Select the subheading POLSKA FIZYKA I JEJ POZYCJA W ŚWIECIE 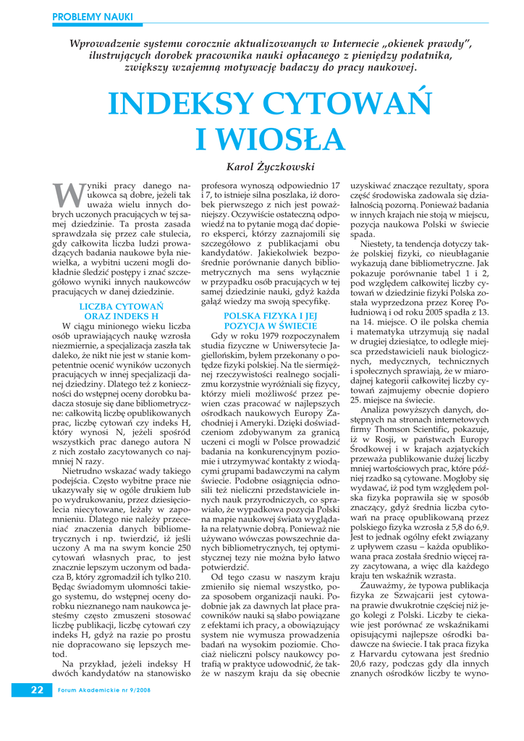pos(270,321)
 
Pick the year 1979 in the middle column pos(266,336)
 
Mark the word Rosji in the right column pos(381,439)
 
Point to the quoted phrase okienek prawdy pos(424,44)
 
